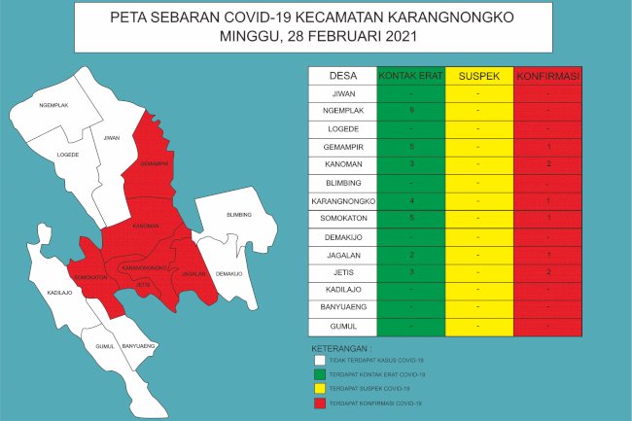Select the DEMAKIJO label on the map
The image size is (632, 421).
229,273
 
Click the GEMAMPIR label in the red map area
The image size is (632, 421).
154,163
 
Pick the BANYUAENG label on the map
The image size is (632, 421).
139,345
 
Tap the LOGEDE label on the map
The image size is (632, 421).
68,155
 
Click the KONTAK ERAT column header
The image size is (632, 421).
410,76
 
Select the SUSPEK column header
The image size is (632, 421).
478,76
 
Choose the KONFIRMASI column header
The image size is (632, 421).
547,76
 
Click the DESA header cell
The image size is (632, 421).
342,76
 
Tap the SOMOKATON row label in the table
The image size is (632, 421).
342,218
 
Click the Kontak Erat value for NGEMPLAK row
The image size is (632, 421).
411,111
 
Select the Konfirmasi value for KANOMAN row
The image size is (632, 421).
548,164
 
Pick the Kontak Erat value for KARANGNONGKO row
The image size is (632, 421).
411,200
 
